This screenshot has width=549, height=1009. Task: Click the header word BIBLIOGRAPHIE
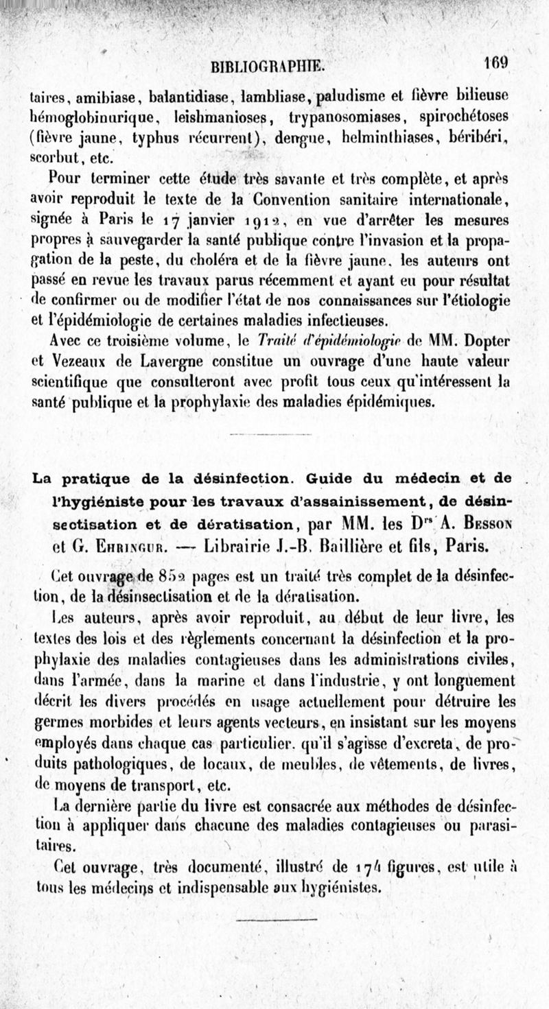click(270, 67)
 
